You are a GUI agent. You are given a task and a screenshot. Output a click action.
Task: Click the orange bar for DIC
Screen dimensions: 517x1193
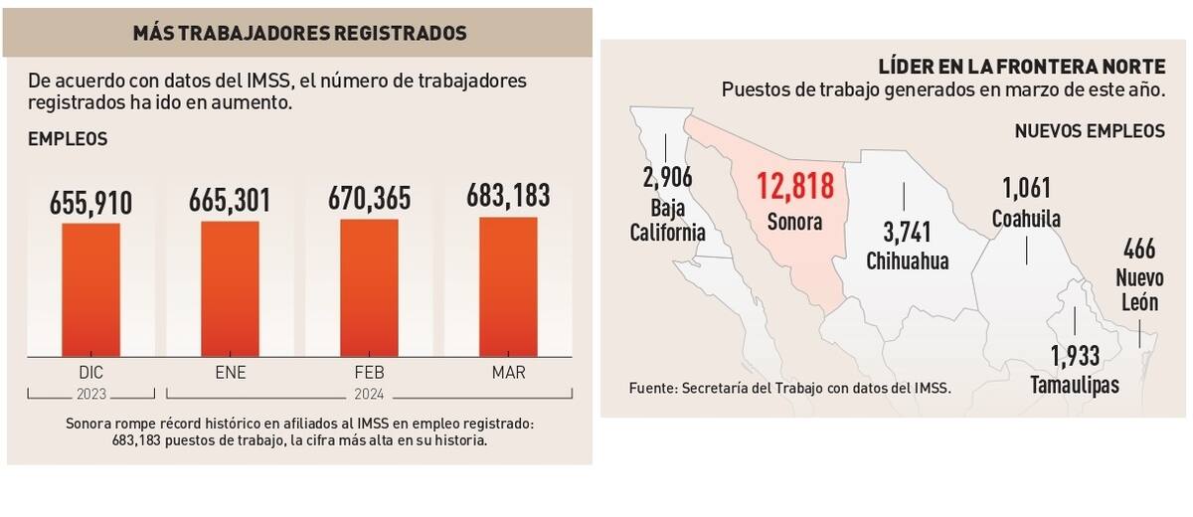(x=90, y=289)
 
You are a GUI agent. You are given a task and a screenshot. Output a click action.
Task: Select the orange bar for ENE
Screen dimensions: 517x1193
(x=230, y=288)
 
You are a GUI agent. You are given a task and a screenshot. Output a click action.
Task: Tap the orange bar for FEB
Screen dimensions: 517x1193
(x=369, y=287)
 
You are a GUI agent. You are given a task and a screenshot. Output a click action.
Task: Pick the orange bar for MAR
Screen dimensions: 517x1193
(x=508, y=286)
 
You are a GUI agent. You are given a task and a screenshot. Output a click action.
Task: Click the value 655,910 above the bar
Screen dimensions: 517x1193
(x=90, y=204)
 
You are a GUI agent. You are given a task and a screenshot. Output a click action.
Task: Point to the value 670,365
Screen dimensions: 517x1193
(x=369, y=200)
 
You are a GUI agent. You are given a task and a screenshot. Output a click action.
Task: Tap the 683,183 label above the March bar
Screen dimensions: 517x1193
(x=508, y=196)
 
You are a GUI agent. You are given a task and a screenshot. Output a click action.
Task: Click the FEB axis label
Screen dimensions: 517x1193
(x=369, y=374)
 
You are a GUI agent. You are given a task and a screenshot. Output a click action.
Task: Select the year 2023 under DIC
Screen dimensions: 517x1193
(x=90, y=393)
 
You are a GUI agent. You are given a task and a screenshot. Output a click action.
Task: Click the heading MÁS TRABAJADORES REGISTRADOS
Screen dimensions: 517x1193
(x=300, y=33)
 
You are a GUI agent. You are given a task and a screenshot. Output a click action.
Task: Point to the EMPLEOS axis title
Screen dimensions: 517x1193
(x=68, y=140)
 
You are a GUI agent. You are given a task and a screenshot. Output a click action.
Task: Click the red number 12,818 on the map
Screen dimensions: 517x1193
(x=794, y=188)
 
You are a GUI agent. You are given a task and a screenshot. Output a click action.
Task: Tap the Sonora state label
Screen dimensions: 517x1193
(x=794, y=222)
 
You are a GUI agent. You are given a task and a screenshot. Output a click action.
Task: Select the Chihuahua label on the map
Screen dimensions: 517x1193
(x=907, y=261)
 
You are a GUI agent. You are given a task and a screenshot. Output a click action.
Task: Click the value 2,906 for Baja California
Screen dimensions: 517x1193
(x=666, y=179)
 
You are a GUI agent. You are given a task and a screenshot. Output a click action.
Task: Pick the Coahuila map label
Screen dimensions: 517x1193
(x=1026, y=219)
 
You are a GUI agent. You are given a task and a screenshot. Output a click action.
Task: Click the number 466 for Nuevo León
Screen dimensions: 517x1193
(x=1139, y=249)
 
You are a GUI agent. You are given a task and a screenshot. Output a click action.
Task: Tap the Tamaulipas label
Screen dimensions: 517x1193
(x=1075, y=385)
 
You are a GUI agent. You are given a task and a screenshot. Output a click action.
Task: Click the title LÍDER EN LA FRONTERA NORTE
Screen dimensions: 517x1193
(x=1021, y=67)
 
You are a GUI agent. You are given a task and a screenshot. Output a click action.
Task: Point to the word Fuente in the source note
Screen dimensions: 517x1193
(x=650, y=388)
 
